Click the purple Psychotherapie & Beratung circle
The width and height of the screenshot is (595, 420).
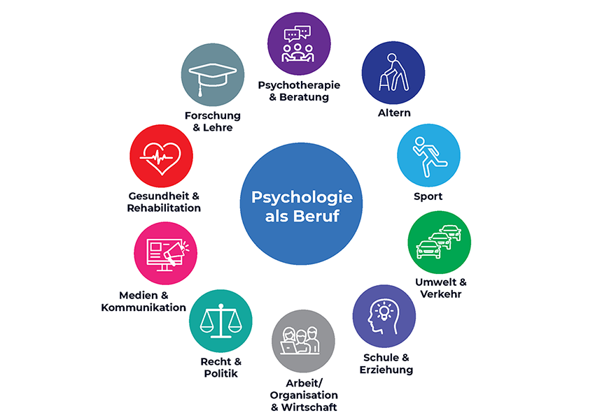[x=300, y=43]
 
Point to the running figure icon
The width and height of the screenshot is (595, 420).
[x=428, y=154]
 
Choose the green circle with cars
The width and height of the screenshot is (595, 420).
[x=439, y=242]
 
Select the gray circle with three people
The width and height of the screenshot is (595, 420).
[x=303, y=342]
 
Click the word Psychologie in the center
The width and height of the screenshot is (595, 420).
[x=302, y=197]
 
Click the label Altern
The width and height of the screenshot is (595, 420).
[x=393, y=113]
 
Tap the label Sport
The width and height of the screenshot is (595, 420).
[x=428, y=196]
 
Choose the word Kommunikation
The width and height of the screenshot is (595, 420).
[x=143, y=307]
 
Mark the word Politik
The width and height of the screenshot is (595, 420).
[x=220, y=373]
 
